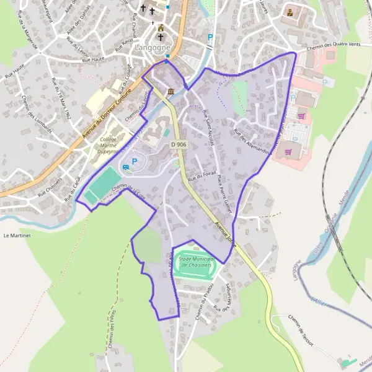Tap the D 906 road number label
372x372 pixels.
pos(179,144)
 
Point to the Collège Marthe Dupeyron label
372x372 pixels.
pos(108,148)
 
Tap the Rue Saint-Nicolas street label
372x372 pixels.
pos(208,126)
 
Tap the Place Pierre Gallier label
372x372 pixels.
pos(224,193)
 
